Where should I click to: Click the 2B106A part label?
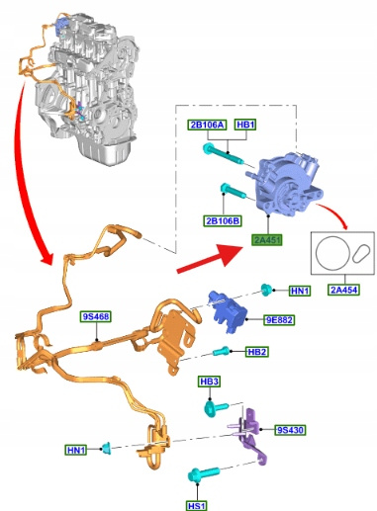pyautogui.click(x=207, y=125)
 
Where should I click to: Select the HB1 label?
pyautogui.click(x=245, y=125)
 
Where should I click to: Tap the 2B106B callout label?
pyautogui.click(x=223, y=220)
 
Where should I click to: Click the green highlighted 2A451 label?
pyautogui.click(x=267, y=240)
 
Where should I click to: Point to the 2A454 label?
pyautogui.click(x=343, y=290)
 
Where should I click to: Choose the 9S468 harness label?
pyautogui.click(x=96, y=316)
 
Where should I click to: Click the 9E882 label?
pyautogui.click(x=279, y=319)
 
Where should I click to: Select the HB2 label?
pyautogui.click(x=257, y=352)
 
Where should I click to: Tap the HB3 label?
pyautogui.click(x=210, y=382)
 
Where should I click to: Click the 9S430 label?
pyautogui.click(x=290, y=430)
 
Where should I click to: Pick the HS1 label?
pyautogui.click(x=197, y=506)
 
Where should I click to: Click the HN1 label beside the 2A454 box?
pyautogui.click(x=300, y=291)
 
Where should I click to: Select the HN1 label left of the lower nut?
pyautogui.click(x=76, y=450)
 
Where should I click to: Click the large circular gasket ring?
pyautogui.click(x=316, y=254)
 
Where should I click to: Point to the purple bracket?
pyautogui.click(x=249, y=435)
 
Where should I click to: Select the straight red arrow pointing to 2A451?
pyautogui.click(x=211, y=259)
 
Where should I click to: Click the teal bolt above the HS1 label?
pyautogui.click(x=203, y=473)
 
